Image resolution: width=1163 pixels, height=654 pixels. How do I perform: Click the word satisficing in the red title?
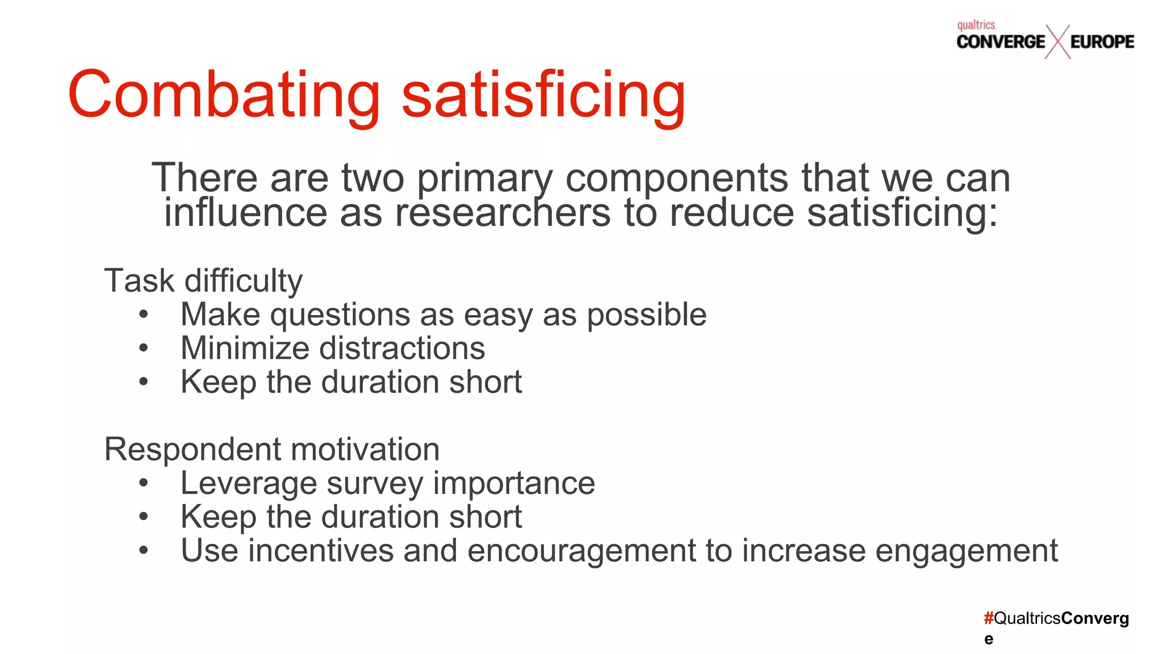543,95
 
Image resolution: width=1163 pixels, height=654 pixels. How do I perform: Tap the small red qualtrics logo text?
976,26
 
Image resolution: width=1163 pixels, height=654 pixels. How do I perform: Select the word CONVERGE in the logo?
1001,42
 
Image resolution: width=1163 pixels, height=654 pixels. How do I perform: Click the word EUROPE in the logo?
1102,42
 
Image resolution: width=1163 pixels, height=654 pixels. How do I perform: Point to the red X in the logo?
1057,42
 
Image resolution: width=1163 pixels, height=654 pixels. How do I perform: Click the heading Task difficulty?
203,281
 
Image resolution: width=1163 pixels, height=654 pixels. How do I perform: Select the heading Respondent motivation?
272,450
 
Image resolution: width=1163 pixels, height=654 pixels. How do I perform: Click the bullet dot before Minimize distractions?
144,348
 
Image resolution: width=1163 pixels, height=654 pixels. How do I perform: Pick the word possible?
646,315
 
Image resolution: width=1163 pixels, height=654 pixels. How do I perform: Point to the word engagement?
967,551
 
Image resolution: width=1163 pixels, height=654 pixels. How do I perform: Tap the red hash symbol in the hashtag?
989,618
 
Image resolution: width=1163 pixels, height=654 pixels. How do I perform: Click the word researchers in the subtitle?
503,213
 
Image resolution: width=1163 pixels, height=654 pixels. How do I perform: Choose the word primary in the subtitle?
484,178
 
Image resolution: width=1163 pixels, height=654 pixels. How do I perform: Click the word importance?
514,484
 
